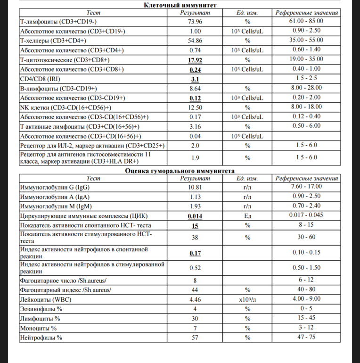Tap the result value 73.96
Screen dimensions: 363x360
pyautogui.click(x=195, y=22)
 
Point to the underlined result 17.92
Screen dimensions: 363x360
pyautogui.click(x=195, y=60)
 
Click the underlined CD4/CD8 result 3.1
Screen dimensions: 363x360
pyautogui.click(x=195, y=79)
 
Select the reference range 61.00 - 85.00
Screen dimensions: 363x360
pyautogui.click(x=306, y=22)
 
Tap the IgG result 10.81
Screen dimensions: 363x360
pyautogui.click(x=195, y=187)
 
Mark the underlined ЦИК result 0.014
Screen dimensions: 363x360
pyautogui.click(x=195, y=216)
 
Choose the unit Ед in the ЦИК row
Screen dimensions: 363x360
pyautogui.click(x=247, y=216)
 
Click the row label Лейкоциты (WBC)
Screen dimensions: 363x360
pyautogui.click(x=47, y=299)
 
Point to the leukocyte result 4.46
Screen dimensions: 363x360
pyautogui.click(x=195, y=299)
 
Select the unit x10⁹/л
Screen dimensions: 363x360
pyautogui.click(x=247, y=299)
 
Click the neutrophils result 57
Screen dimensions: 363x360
pyautogui.click(x=195, y=338)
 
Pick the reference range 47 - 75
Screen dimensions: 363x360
pyautogui.click(x=306, y=338)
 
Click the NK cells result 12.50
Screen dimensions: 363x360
pyautogui.click(x=195, y=107)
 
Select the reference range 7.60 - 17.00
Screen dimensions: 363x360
pyautogui.click(x=306, y=187)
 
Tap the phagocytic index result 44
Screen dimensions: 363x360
pyautogui.click(x=195, y=289)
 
